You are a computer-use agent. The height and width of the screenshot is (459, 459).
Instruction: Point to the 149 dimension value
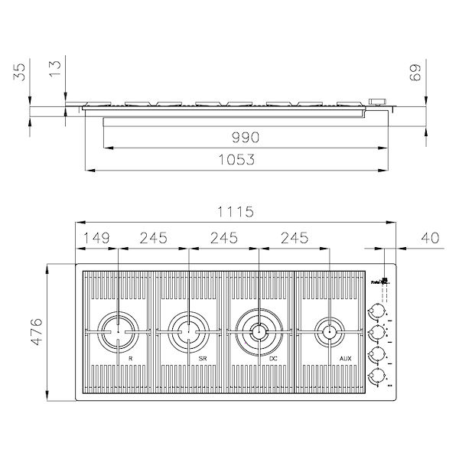(96, 239)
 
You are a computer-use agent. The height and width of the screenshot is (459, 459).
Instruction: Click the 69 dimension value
(439, 73)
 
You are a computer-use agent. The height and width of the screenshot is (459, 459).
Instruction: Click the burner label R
(131, 358)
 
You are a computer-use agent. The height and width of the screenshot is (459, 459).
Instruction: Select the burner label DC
(272, 358)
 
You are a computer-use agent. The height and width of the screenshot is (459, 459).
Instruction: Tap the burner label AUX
(345, 358)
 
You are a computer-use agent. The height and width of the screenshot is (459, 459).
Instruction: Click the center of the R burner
(119, 331)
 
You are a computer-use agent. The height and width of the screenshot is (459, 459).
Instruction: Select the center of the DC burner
(259, 331)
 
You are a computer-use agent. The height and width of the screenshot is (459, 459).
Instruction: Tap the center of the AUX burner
(330, 331)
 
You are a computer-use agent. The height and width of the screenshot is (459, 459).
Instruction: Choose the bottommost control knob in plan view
(376, 376)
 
